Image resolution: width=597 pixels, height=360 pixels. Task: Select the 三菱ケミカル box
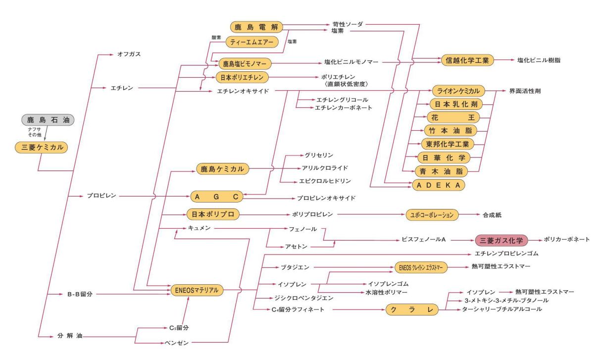click(x=42, y=147)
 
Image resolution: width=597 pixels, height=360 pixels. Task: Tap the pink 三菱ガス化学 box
click(x=501, y=240)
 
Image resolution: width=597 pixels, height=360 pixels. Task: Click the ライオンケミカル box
click(x=458, y=91)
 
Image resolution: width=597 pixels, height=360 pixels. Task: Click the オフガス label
click(x=129, y=54)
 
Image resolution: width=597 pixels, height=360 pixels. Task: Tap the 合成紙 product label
click(x=492, y=215)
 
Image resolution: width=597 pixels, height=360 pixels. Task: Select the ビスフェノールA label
click(x=424, y=240)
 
